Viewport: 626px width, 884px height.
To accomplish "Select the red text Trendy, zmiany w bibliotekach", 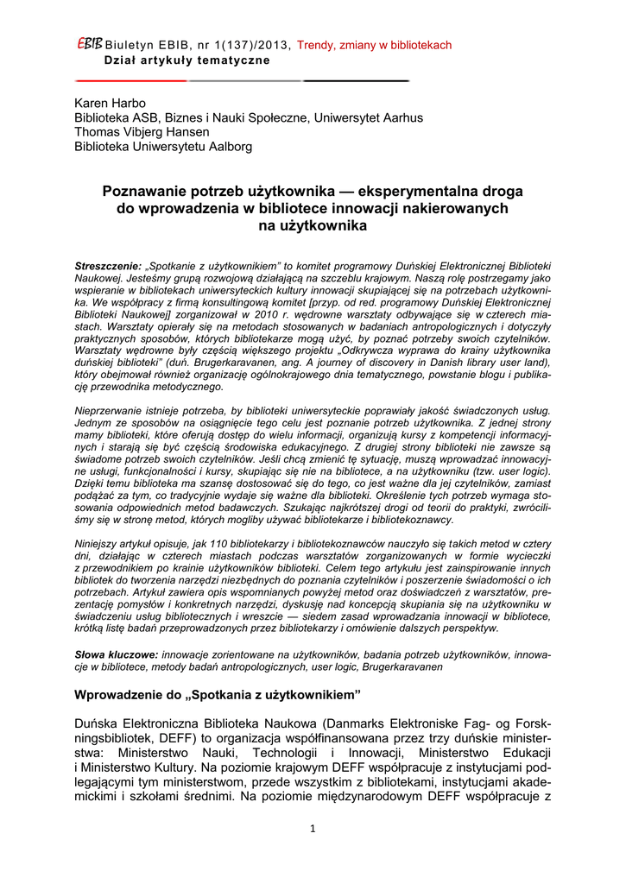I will [374, 46].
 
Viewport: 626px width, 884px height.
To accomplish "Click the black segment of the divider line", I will [356, 80].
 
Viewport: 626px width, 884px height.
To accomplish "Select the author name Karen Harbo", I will [111, 103].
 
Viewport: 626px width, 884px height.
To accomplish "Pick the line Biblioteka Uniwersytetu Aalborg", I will [163, 147].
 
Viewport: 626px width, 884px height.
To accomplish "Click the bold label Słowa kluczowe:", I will [117, 656].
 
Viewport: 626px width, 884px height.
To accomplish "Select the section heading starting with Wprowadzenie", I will [217, 695].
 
